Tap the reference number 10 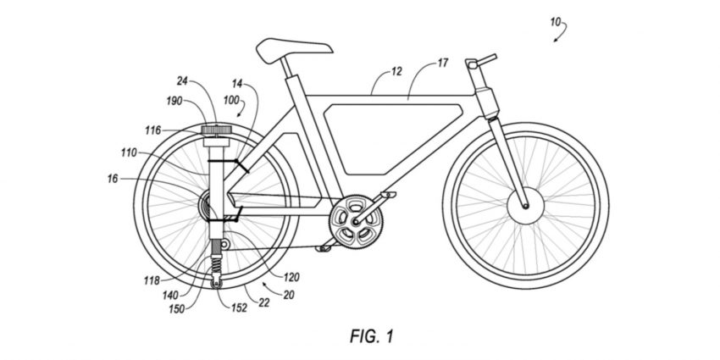click(555, 21)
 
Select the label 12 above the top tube click(396, 71)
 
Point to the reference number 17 click(442, 63)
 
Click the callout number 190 click(174, 101)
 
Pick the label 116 click(153, 130)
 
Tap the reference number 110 click(129, 152)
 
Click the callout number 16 click(113, 179)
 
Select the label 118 click(151, 280)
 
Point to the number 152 click(239, 307)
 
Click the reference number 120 click(291, 277)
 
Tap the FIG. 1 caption click(372, 336)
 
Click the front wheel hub click(525, 206)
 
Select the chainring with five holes click(356, 222)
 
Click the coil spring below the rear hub click(215, 265)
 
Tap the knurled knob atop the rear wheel click(216, 130)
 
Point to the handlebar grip click(488, 58)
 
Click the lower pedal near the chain click(323, 248)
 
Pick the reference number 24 click(183, 81)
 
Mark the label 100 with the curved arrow click(231, 100)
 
